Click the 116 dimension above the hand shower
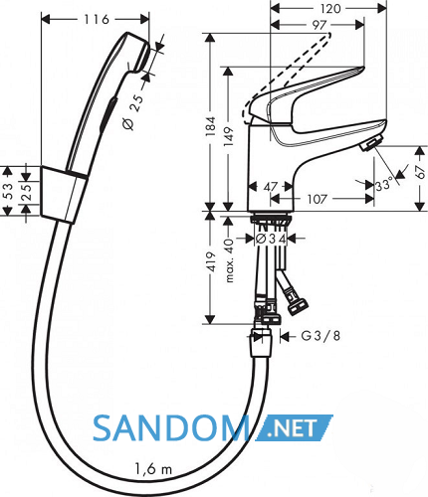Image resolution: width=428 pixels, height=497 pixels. (x=96, y=20)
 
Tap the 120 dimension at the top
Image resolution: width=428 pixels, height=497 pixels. (x=330, y=8)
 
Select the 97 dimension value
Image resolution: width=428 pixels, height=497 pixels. (x=320, y=25)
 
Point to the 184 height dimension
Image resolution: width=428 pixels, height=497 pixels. (x=210, y=126)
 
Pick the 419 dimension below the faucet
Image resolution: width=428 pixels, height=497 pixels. (x=211, y=262)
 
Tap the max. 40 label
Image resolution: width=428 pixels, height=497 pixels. (x=229, y=260)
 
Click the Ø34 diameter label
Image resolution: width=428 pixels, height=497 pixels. (x=272, y=239)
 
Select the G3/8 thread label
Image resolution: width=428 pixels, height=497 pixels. (x=321, y=336)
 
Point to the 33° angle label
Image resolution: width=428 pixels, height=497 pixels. (x=384, y=184)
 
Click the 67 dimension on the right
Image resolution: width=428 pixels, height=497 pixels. (x=421, y=172)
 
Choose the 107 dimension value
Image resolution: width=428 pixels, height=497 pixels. (x=318, y=199)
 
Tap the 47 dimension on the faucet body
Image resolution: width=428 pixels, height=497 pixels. (x=271, y=187)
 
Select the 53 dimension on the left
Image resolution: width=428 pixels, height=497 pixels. (x=8, y=191)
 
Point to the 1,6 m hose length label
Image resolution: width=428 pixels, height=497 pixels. (x=153, y=469)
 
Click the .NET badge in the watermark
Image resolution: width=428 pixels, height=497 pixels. (x=294, y=427)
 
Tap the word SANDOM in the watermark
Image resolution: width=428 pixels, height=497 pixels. (x=171, y=428)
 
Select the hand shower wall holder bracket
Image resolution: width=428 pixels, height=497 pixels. (x=64, y=195)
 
